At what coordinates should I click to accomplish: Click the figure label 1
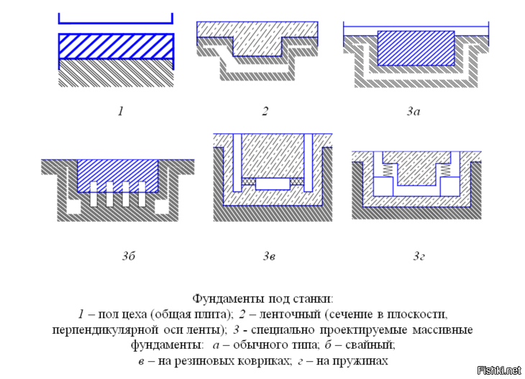[x=121, y=111]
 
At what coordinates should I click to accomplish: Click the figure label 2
[x=265, y=111]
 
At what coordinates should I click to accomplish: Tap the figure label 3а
[x=414, y=111]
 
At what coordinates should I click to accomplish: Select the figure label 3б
[x=129, y=256]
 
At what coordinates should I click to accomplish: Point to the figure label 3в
[x=269, y=256]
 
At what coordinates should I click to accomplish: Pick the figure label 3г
[x=419, y=256]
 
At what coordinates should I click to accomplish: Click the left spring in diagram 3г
[x=387, y=169]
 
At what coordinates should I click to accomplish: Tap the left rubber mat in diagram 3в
[x=248, y=181]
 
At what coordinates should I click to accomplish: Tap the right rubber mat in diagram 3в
[x=297, y=181]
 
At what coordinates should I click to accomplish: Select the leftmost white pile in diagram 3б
[x=93, y=195]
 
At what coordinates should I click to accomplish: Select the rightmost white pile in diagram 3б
[x=142, y=195]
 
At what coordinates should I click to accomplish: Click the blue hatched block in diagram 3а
[x=416, y=48]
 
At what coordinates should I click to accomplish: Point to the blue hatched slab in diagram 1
[x=117, y=47]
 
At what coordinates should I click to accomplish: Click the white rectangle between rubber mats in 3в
[x=273, y=184]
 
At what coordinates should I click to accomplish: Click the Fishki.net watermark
[x=499, y=370]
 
